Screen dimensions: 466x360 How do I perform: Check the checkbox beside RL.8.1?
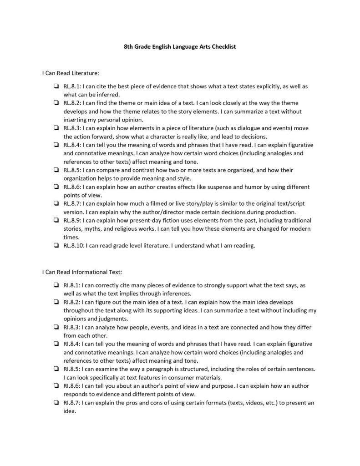[55, 86]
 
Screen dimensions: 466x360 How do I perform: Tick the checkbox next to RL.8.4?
[55, 145]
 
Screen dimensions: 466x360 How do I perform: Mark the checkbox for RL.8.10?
[55, 246]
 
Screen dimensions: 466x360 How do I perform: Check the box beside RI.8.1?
[55, 285]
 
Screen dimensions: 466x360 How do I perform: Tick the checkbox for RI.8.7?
[55, 403]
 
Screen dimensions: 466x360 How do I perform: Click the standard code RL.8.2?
[72, 103]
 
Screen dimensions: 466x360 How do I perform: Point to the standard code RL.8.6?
[72, 187]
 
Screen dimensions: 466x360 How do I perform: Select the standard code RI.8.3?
[71, 327]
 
